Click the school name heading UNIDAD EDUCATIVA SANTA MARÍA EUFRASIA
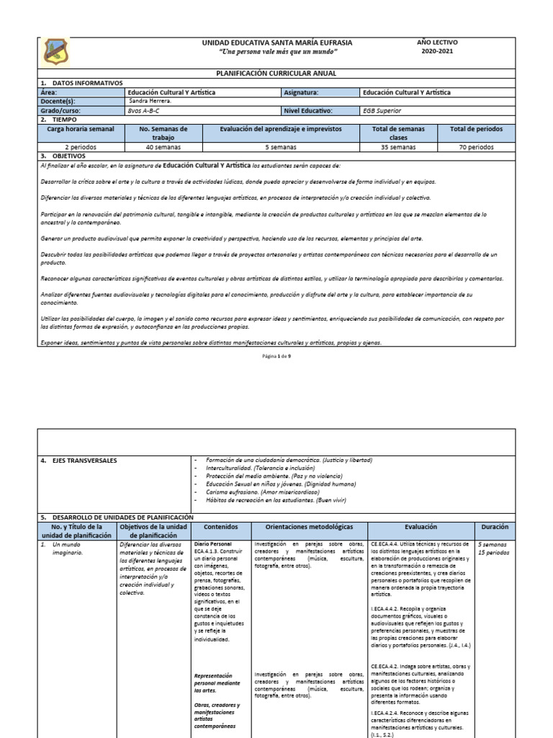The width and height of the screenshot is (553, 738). coord(277,43)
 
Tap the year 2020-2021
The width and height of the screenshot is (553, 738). coord(437,53)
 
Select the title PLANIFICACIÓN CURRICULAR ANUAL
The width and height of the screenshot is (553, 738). coord(276,74)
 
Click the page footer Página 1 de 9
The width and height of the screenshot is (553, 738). coord(276,356)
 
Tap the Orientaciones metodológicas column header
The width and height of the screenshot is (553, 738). coord(309,527)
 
